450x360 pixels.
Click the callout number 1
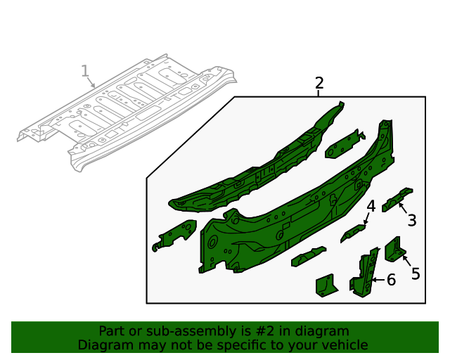(85, 71)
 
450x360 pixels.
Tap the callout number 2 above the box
(319, 83)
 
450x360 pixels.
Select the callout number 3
(411, 220)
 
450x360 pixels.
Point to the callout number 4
(371, 206)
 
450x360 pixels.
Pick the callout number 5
(416, 274)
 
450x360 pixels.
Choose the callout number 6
(391, 280)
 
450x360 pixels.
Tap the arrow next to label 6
(378, 280)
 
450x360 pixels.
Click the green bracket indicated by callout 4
(354, 233)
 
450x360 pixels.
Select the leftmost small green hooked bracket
(173, 234)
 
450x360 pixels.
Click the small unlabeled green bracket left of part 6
(326, 285)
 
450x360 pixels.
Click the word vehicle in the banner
(344, 345)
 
